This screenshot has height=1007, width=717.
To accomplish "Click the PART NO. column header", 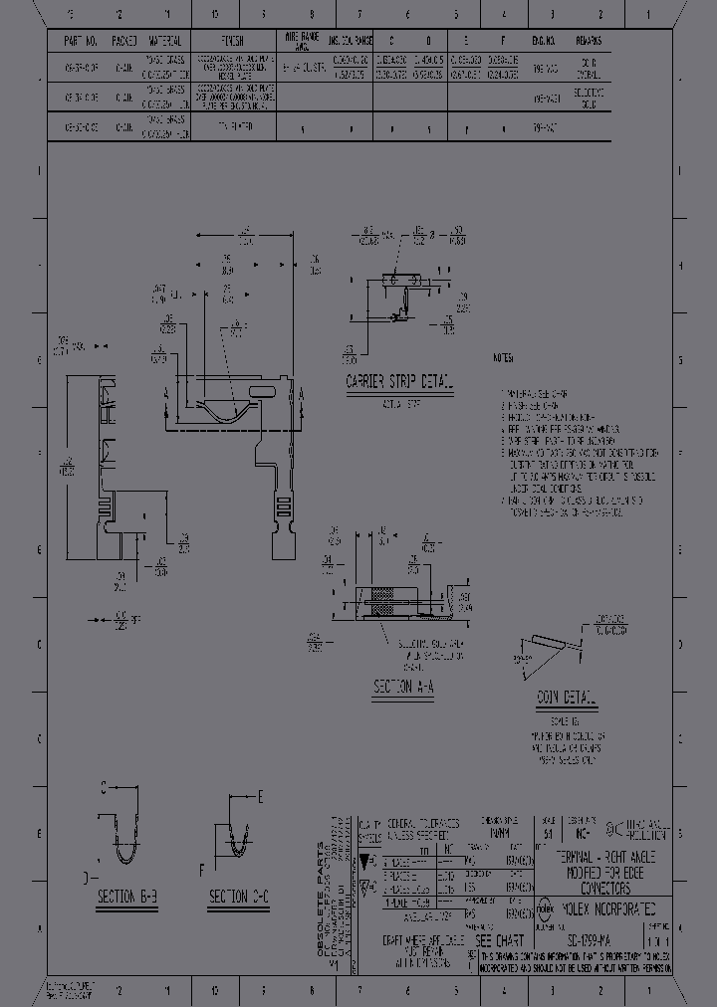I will pos(79,42).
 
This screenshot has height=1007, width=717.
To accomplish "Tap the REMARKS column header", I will pos(588,42).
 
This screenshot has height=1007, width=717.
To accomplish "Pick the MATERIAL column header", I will pos(165,42).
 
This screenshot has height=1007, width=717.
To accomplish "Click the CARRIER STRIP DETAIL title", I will pos(398,382).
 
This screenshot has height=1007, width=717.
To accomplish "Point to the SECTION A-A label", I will pos(403,687).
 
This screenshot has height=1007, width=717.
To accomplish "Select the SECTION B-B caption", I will pos(127,898).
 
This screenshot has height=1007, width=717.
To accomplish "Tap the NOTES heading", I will pos(503,358).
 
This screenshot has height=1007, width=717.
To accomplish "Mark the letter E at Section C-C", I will pos(260,797).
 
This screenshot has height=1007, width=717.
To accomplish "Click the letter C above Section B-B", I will pos(103,786).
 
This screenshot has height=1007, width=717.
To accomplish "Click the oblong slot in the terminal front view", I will pos(261,391).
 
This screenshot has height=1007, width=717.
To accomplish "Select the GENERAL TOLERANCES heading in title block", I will pos(422,824).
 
